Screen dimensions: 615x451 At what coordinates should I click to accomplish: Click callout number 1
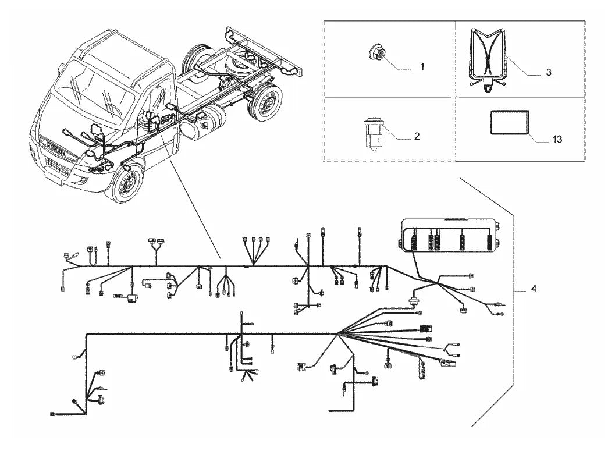(422, 67)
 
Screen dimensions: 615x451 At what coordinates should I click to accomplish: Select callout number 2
(417, 136)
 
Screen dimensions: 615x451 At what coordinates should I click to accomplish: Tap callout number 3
(548, 72)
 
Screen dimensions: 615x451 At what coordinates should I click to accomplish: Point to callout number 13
(557, 139)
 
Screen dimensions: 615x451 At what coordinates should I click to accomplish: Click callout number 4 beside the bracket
(534, 289)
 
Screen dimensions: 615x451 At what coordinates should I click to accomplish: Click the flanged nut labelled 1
(377, 52)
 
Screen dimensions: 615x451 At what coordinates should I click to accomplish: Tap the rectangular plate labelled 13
(509, 123)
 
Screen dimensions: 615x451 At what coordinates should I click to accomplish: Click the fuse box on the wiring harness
(451, 235)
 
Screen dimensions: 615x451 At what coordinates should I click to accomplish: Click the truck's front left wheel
(126, 182)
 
